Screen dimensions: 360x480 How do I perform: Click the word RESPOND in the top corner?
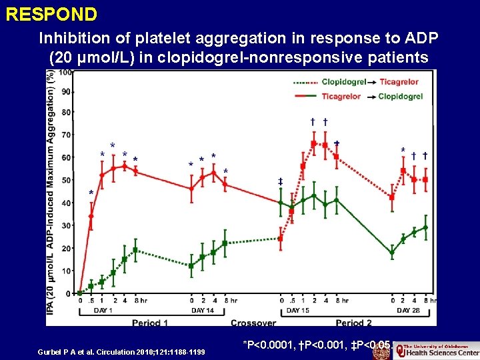click(51, 14)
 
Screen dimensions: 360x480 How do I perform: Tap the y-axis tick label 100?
click(65, 73)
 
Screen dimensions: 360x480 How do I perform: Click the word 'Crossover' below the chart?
click(253, 323)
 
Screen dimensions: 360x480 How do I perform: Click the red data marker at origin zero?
click(80, 293)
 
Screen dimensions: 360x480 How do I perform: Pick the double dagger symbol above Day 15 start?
click(281, 181)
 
